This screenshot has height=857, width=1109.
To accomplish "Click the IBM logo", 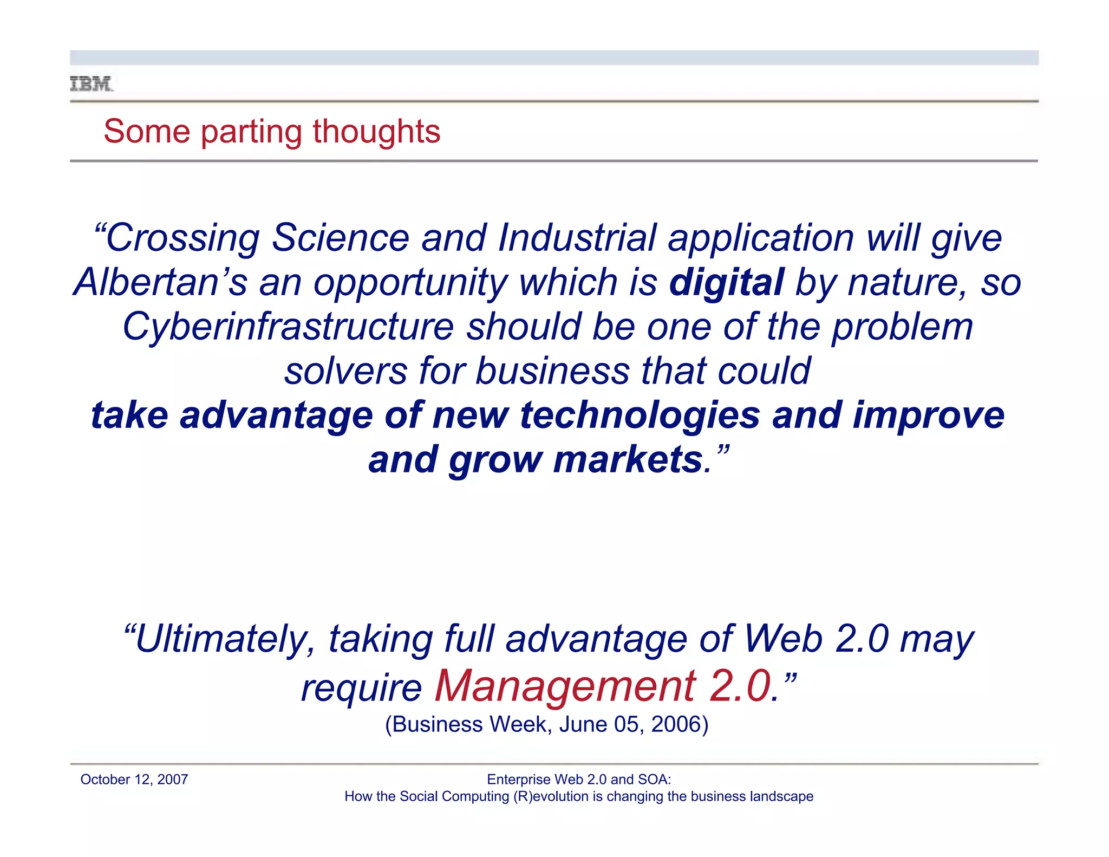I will tap(92, 84).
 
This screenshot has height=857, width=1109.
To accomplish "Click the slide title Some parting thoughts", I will tap(272, 132).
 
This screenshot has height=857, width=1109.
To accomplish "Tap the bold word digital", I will tap(726, 282).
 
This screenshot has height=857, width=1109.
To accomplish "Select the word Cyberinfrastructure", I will tap(288, 327).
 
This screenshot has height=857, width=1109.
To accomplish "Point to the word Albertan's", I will tap(160, 282).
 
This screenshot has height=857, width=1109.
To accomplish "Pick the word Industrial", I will tap(577, 238).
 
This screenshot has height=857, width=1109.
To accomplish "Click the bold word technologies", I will tap(640, 415).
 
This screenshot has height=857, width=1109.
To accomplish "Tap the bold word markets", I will tap(628, 460).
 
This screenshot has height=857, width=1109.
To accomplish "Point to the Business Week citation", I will tap(546, 724).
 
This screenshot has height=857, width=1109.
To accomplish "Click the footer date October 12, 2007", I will tap(134, 780).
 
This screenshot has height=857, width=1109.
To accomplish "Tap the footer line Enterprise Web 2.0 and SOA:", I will tap(579, 780).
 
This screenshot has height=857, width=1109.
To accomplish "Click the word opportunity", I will tap(410, 282).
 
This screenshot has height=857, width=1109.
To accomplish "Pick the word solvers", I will tap(345, 371).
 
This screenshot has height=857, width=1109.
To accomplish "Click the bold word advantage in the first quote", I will tap(276, 415).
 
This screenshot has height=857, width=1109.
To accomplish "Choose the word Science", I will tap(340, 238).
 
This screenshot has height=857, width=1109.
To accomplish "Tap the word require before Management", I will tap(361, 688).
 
